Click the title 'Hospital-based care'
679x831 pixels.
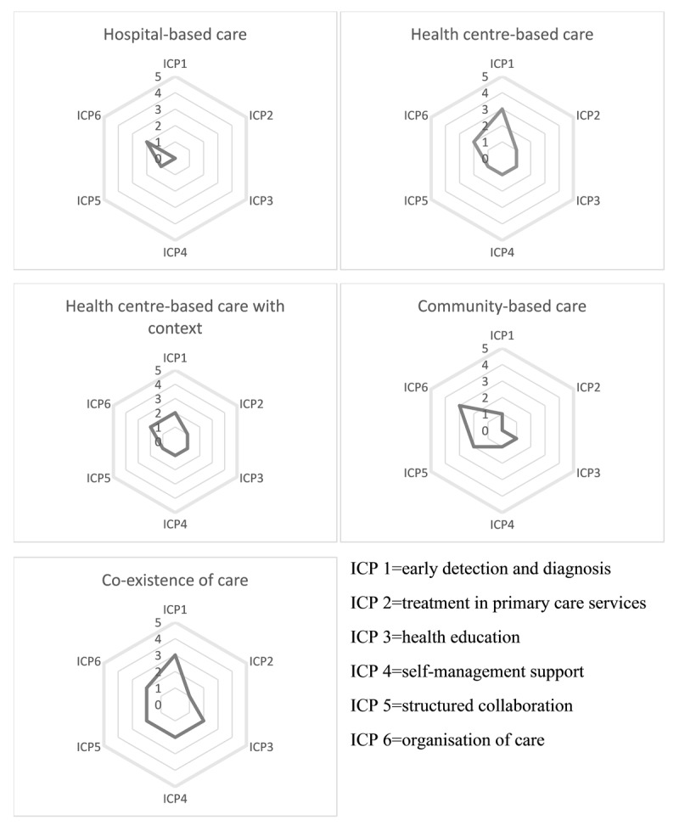(175, 35)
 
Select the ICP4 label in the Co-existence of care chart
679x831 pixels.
(175, 798)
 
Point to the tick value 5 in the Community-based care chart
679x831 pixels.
(485, 349)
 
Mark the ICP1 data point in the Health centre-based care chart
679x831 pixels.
(502, 109)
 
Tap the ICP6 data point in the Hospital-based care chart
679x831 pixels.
(147, 143)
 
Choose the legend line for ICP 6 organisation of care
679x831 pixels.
(446, 739)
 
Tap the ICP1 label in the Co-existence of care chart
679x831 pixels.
(175, 610)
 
